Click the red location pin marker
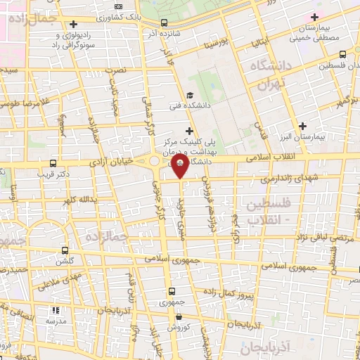point(180,167)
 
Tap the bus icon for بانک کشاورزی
point(165,22)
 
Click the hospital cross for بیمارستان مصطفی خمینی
point(314,16)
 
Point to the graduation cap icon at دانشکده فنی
point(188,96)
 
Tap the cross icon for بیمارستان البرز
point(302,126)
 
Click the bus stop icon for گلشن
point(65,250)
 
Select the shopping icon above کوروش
point(171,316)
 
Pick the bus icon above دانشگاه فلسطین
point(342,54)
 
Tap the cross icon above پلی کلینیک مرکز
point(188,130)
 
